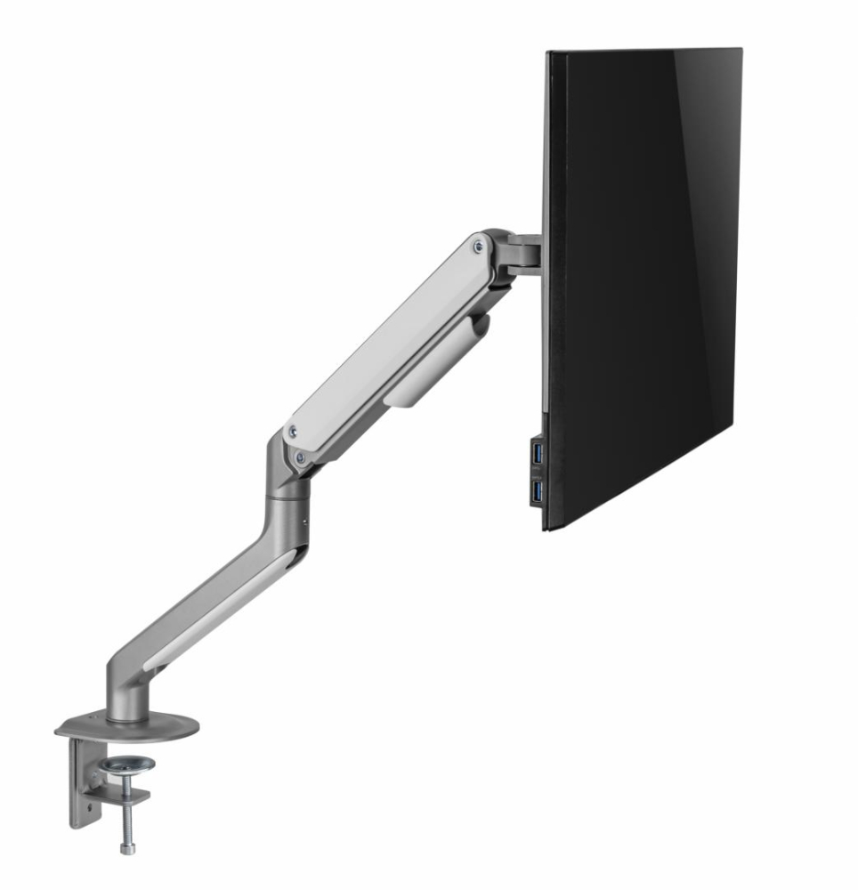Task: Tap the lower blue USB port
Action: (536, 489)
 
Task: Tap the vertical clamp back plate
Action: (82, 783)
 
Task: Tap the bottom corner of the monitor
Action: (547, 527)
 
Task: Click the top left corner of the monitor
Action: (550, 53)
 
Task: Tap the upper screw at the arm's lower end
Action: (289, 433)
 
